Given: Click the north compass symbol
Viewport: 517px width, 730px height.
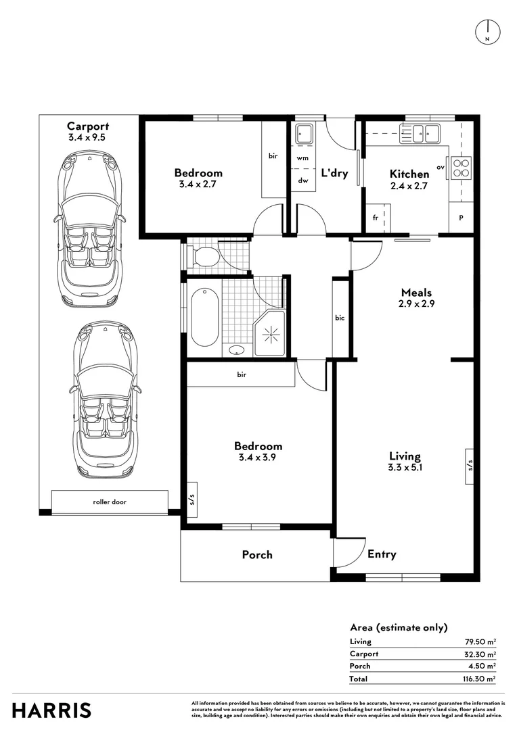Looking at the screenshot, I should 487,32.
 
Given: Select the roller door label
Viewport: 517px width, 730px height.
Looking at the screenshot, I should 110,502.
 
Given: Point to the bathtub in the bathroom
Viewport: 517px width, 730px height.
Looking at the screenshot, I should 204,316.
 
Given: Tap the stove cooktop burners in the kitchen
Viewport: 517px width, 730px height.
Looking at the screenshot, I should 462,167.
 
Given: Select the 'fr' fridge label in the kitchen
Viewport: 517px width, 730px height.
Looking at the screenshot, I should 374,218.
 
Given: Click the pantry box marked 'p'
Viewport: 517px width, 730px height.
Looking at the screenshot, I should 461,218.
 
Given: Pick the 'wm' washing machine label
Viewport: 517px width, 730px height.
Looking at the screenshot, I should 302,157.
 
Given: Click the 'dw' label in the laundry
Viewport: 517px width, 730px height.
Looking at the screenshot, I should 302,180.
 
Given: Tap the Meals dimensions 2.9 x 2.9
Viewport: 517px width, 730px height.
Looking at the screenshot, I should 416,304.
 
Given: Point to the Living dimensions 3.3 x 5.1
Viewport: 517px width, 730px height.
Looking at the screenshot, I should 405,467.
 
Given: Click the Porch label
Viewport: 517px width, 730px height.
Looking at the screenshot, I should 257,555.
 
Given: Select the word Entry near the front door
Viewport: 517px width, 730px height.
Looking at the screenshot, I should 382,554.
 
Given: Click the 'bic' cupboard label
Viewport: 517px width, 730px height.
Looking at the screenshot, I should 340,318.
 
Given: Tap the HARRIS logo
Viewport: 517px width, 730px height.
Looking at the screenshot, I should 52,710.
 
